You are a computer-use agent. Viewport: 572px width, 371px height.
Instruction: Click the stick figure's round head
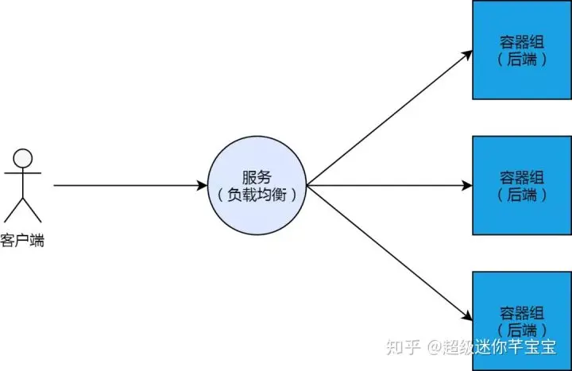[x=23, y=157]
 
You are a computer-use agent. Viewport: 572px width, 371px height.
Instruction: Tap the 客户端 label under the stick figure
[x=22, y=240]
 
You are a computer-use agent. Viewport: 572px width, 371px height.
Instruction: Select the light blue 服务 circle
[x=257, y=187]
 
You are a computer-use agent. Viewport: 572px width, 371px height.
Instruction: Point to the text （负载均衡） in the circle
[x=257, y=195]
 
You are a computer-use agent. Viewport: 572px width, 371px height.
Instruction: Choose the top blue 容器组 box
[x=522, y=49]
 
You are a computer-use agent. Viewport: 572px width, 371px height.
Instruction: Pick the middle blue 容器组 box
[x=522, y=184]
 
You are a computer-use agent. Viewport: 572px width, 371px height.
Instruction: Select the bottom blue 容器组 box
[x=522, y=320]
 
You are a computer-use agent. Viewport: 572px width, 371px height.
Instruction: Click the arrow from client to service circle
[x=127, y=187]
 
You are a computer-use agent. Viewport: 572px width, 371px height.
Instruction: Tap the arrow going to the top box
[x=389, y=118]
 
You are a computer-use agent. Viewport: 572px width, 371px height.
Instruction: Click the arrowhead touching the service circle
[x=202, y=187]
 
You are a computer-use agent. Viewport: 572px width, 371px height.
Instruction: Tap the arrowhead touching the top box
[x=466, y=54]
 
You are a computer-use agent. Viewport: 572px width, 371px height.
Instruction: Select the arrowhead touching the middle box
[x=466, y=187]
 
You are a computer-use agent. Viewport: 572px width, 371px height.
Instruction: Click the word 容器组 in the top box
[x=522, y=42]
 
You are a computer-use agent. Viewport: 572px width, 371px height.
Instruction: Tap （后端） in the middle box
[x=522, y=193]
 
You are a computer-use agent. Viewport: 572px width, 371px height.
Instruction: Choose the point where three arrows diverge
[x=307, y=187]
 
